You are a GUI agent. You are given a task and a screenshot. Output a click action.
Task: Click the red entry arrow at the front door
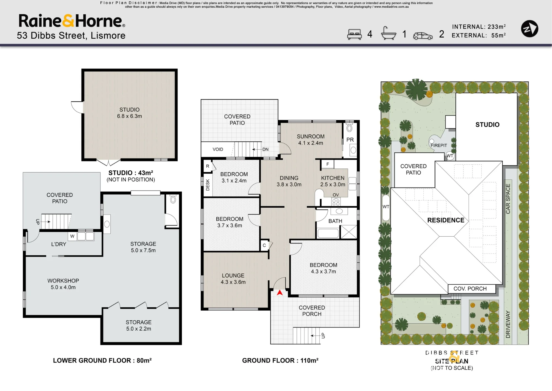(x=280, y=292)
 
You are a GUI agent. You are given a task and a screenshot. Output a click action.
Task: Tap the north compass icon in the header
(x=529, y=29)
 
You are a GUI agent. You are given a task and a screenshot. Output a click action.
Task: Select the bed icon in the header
(x=354, y=34)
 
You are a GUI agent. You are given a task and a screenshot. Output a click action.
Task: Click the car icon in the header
(x=423, y=36)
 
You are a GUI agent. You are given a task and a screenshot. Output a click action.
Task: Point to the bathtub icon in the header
(x=388, y=33)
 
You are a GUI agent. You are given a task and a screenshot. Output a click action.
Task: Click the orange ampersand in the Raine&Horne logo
(x=68, y=21)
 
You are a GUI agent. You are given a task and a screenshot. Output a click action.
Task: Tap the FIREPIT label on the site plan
(x=439, y=146)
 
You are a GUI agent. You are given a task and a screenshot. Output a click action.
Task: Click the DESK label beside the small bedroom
(x=208, y=185)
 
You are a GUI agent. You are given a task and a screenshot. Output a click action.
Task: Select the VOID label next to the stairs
(x=218, y=149)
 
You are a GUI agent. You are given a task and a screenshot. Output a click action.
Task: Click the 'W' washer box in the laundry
(x=72, y=236)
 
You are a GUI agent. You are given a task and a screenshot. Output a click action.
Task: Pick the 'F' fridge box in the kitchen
(x=328, y=164)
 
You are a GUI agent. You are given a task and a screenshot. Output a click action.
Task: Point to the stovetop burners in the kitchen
(x=336, y=202)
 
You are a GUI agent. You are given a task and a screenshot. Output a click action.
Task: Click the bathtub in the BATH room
(x=328, y=233)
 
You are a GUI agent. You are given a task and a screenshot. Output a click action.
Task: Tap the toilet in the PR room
(x=349, y=128)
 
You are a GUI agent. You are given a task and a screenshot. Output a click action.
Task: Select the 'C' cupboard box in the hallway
(x=264, y=245)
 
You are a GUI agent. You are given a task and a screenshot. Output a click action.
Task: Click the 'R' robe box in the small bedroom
(x=208, y=166)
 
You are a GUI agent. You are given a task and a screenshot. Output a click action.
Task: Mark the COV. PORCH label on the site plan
(x=470, y=289)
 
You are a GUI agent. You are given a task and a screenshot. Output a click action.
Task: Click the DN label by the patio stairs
(x=266, y=149)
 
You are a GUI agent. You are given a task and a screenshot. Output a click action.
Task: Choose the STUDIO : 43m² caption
(x=131, y=173)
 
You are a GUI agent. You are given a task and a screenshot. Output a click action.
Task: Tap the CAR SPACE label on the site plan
(x=508, y=199)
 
